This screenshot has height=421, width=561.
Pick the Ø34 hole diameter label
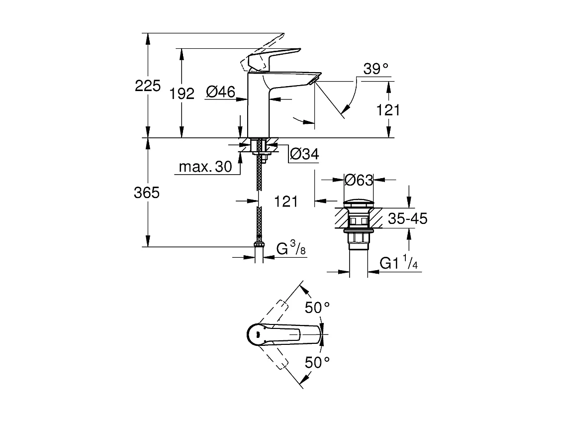click(x=303, y=155)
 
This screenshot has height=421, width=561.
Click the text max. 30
click(x=205, y=167)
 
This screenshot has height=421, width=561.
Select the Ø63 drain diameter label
click(x=359, y=180)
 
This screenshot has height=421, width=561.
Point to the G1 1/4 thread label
click(x=398, y=264)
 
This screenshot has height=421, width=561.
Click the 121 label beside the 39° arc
click(x=388, y=109)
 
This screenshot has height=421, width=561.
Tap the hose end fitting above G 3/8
click(x=258, y=244)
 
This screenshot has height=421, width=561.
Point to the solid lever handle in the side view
click(x=279, y=54)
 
